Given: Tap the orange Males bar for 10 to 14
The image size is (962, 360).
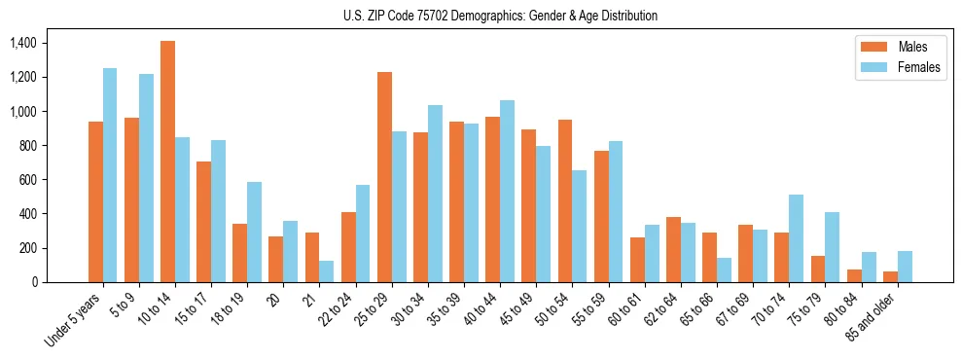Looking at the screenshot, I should tap(167, 162).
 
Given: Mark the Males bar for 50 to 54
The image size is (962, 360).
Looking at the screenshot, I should tap(565, 200).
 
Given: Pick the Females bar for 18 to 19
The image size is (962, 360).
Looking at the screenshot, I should tap(254, 232).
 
